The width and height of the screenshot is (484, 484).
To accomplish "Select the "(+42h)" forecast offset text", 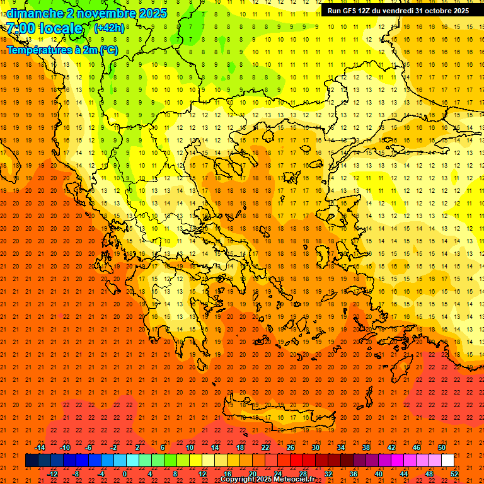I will point(109,28).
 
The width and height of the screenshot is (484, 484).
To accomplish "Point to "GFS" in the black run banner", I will point(348,11).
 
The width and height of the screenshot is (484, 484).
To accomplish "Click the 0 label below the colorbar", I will point(125,474).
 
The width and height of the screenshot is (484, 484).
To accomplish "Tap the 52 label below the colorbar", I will point(454,474).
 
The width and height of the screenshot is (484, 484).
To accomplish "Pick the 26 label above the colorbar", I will point(291,447).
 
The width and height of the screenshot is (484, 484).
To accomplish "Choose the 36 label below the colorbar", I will point(354,474).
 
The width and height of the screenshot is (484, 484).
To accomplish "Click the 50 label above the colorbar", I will point(442,447).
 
